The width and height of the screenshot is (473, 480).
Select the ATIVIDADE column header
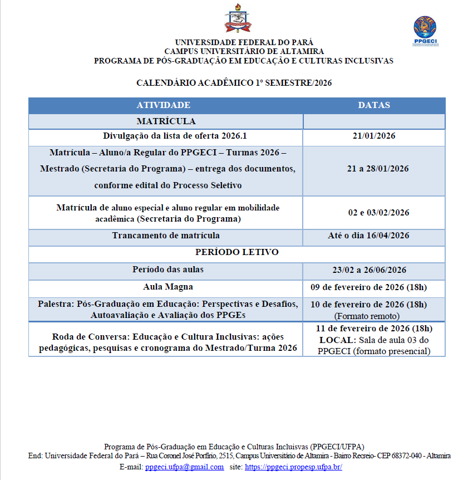tap(164, 105)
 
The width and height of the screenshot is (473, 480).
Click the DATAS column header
tap(374, 105)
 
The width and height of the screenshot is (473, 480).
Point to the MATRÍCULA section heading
tap(166, 121)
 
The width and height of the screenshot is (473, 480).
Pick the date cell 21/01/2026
tap(374, 136)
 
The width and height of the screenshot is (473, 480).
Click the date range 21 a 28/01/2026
tap(374, 169)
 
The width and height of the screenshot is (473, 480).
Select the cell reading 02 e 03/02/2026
tap(374, 213)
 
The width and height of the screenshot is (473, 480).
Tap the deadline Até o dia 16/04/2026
tap(374, 236)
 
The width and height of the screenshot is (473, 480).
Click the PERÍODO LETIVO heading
tap(237, 252)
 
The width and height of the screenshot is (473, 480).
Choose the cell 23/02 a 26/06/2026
tap(374, 270)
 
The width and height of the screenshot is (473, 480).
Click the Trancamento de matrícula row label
tap(166, 236)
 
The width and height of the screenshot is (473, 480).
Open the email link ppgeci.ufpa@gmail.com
tap(184, 467)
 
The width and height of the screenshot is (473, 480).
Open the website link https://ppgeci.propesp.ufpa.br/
tap(293, 467)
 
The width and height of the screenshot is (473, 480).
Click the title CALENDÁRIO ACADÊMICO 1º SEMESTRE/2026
tap(234, 83)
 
